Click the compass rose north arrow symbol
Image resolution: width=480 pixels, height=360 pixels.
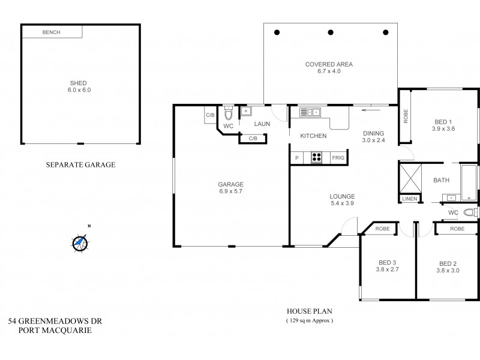[80, 242]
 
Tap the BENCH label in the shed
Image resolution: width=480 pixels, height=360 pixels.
[51, 32]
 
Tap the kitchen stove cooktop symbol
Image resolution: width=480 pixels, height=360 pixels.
[316, 157]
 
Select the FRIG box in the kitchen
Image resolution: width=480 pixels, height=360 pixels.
[338, 157]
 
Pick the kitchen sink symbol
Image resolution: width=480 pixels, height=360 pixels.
[311, 112]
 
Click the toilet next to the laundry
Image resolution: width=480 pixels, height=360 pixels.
[228, 113]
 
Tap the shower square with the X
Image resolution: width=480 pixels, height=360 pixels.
[411, 179]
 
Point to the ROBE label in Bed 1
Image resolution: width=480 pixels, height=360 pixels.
[406, 116]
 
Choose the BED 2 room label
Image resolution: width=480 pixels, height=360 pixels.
[448, 263]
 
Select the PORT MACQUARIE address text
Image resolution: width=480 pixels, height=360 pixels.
[50, 331]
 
